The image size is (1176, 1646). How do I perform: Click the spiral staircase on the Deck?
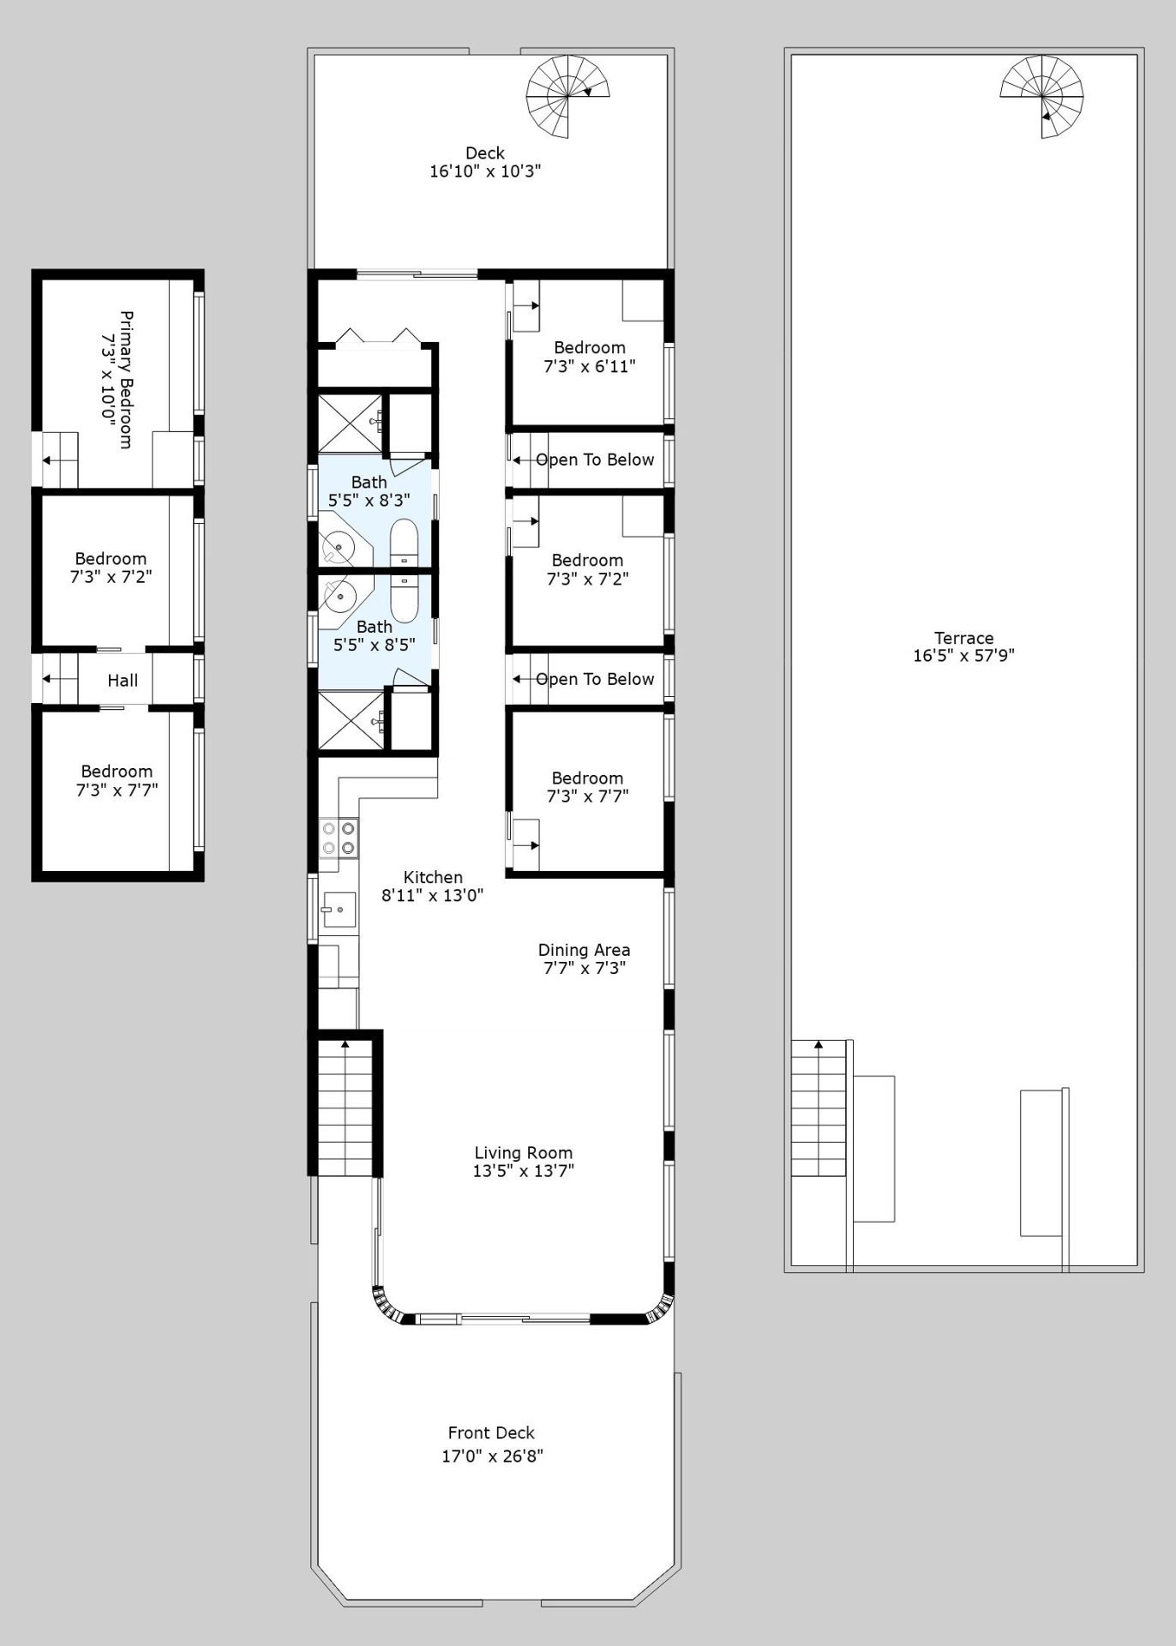[569, 96]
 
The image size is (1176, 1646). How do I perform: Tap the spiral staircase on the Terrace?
[1042, 96]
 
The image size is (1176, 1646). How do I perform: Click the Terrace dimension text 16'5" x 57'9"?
[963, 656]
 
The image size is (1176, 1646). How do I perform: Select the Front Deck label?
[491, 1433]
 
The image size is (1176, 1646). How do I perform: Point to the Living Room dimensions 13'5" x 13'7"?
[523, 1171]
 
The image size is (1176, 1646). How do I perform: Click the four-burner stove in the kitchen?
[339, 838]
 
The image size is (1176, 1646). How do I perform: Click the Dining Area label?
[584, 950]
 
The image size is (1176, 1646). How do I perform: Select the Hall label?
[123, 681]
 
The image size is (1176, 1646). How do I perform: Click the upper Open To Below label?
[595, 460]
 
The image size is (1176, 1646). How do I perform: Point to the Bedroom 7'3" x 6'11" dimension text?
[590, 366]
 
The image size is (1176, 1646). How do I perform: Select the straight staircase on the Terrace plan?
[819, 1108]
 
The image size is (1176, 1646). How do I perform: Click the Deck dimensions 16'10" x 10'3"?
[485, 171]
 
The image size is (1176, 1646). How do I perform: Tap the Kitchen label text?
[433, 877]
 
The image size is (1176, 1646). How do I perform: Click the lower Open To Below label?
[595, 679]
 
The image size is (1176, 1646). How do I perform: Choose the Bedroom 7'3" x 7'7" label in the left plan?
[117, 780]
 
